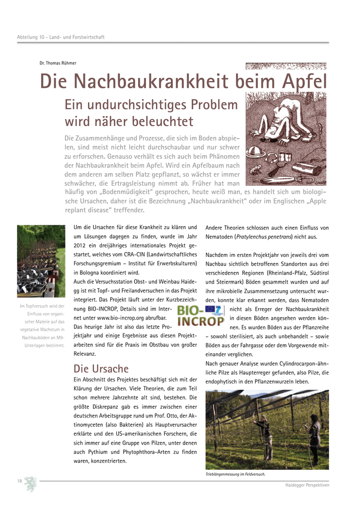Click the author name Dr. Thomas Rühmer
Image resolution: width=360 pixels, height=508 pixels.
58,63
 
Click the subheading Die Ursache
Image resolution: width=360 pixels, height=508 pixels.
101,369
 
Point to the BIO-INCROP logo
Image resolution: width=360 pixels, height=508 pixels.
201,316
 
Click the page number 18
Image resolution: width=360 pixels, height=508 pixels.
19,481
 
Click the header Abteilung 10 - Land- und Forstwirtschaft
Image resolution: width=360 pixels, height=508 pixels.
61,38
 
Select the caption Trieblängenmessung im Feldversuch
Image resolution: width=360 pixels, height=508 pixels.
235,474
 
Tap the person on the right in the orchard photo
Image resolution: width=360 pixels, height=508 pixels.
313,439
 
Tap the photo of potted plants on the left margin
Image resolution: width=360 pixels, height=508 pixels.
41,261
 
